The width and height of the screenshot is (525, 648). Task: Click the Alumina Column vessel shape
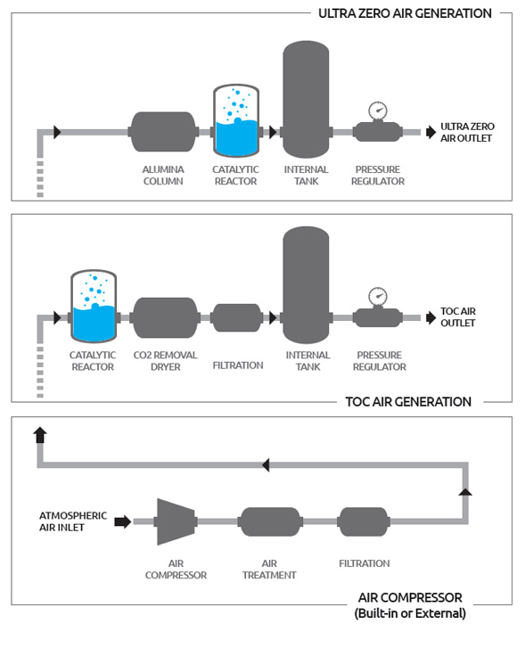tap(163, 132)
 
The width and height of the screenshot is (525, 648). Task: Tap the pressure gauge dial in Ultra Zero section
tap(377, 111)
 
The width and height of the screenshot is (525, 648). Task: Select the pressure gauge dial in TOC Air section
tap(377, 296)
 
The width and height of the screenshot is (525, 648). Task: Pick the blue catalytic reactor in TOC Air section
tap(94, 306)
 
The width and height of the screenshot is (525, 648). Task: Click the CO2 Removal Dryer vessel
tap(165, 317)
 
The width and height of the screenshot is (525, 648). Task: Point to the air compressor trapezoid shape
tap(175, 521)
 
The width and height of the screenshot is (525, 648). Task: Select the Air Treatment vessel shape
tap(270, 521)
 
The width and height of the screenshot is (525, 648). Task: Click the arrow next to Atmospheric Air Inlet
tap(123, 521)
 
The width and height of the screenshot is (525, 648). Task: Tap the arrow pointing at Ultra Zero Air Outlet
tap(431, 132)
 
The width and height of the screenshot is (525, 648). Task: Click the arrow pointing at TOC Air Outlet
tap(431, 317)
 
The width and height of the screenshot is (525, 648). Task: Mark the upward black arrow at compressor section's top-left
tap(40, 435)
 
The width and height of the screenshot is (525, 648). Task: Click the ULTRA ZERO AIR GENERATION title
tap(406, 13)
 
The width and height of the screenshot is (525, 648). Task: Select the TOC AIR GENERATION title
tap(408, 402)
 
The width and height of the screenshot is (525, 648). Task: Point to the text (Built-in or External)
tap(410, 613)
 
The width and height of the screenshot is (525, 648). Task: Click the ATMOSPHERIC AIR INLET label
tap(73, 521)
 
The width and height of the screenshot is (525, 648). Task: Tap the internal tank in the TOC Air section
tap(306, 284)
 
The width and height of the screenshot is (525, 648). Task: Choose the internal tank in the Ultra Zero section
tap(306, 99)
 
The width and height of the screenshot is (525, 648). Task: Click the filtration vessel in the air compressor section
tap(364, 521)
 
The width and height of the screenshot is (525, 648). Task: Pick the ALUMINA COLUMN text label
tap(163, 176)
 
